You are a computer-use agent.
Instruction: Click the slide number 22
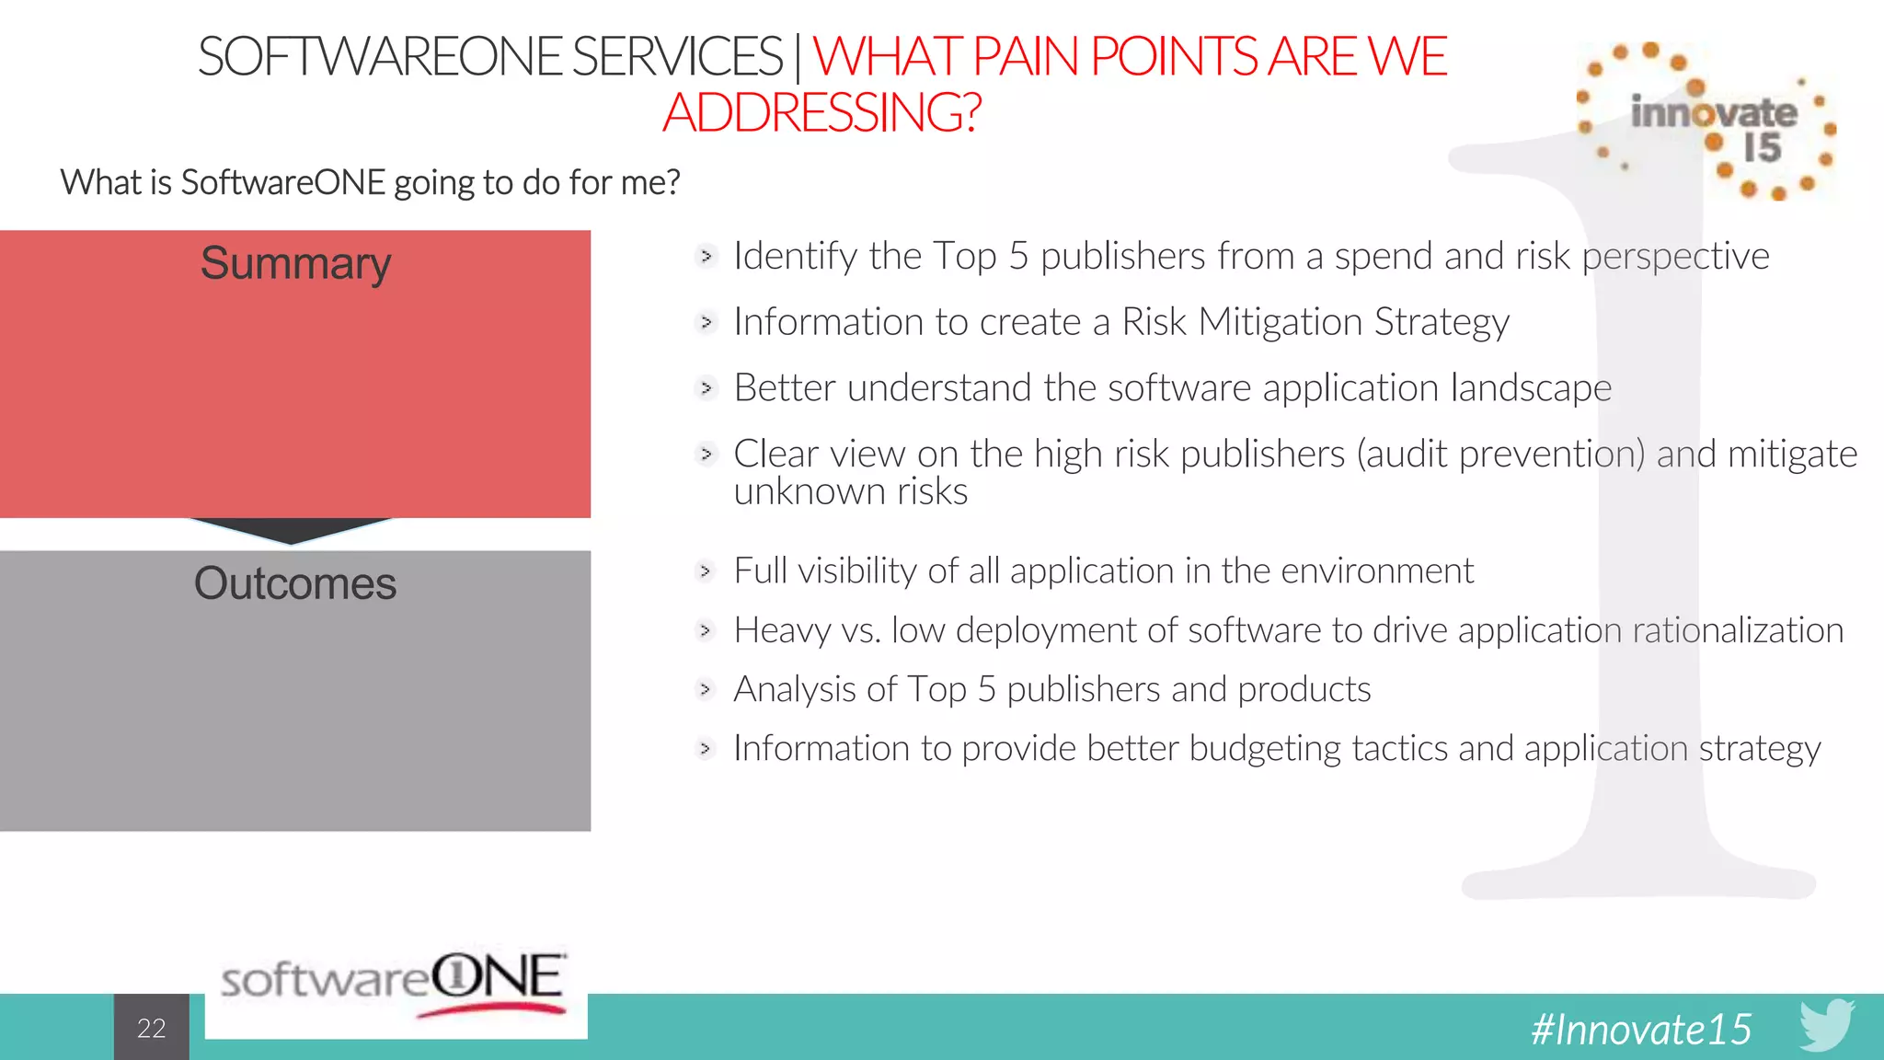152,1028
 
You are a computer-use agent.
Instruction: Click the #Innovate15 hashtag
1641,1029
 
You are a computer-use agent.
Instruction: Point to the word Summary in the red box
295,264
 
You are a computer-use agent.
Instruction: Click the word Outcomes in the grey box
295,584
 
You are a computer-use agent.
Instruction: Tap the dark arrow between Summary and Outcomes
292,531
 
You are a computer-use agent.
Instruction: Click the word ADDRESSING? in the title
821,113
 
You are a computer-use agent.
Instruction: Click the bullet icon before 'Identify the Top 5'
706,256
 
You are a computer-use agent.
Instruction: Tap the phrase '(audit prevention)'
1500,455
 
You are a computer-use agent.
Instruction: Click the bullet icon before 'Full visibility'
706,571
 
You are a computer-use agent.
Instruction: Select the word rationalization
1738,630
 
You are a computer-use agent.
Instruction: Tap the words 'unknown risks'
850,492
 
